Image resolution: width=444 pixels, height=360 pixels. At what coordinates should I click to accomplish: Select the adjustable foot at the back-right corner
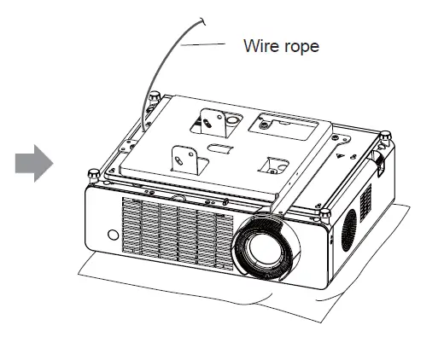(x=385, y=136)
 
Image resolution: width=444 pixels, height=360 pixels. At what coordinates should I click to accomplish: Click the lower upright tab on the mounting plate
(x=181, y=156)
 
